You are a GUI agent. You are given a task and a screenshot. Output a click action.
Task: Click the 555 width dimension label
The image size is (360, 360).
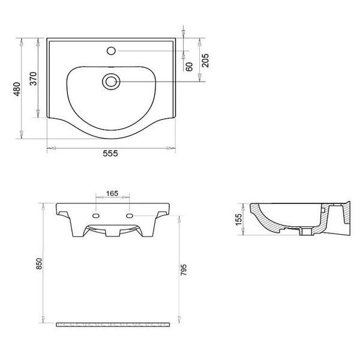(110, 154)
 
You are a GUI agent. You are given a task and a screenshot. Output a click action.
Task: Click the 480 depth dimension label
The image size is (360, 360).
(17, 89)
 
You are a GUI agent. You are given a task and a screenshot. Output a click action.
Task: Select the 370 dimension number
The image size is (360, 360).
(33, 79)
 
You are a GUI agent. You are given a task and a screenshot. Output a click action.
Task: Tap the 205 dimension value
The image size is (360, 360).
(205, 61)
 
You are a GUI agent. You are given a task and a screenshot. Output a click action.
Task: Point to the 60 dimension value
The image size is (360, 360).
(189, 67)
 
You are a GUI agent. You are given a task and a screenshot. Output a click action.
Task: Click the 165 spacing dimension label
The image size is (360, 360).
(112, 193)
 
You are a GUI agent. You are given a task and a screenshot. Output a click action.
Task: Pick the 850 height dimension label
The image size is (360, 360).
(39, 263)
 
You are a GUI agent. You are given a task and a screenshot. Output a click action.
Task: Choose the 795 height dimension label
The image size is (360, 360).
(184, 270)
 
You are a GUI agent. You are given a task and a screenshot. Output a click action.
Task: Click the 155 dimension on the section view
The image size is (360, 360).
(239, 220)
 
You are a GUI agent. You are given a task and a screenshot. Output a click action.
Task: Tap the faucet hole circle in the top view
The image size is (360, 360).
(111, 51)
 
